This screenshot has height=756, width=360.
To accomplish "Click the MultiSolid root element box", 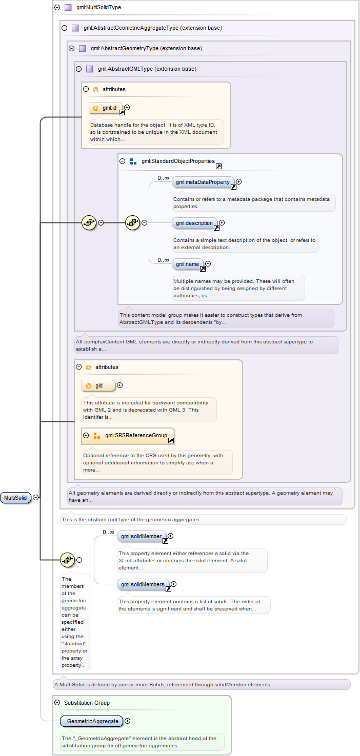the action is point(15,498).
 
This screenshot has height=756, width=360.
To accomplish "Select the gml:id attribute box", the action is point(105,108).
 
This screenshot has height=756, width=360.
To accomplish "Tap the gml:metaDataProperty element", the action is point(203,182).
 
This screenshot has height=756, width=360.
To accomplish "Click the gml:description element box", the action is point(194,223).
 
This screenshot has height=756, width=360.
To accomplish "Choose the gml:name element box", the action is point(187,264).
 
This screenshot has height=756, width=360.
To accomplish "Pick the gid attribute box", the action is point(98,386).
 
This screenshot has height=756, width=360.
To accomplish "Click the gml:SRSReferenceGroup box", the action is point(128,436).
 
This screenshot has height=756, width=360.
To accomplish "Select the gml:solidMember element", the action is point(142,536).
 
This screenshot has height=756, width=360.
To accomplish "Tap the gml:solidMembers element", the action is point(143,584).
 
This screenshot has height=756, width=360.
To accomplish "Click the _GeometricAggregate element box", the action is point(91,721).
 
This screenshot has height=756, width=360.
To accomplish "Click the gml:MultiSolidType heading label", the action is point(98,7).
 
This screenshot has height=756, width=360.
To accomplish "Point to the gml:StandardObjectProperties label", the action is point(178,161).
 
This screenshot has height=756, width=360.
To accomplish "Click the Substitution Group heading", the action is point(87,703).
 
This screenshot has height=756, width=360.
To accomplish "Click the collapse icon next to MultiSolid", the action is point(36,498).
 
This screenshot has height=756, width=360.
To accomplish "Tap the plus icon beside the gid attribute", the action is point(119,385).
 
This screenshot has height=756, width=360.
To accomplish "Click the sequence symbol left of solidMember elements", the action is point(68,560).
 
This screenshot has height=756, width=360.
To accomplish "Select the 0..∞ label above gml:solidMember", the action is point(108,532).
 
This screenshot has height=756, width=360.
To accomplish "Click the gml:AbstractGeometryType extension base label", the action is point(147,48).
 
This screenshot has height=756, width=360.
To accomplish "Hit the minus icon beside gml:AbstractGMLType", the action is point(78,69).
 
